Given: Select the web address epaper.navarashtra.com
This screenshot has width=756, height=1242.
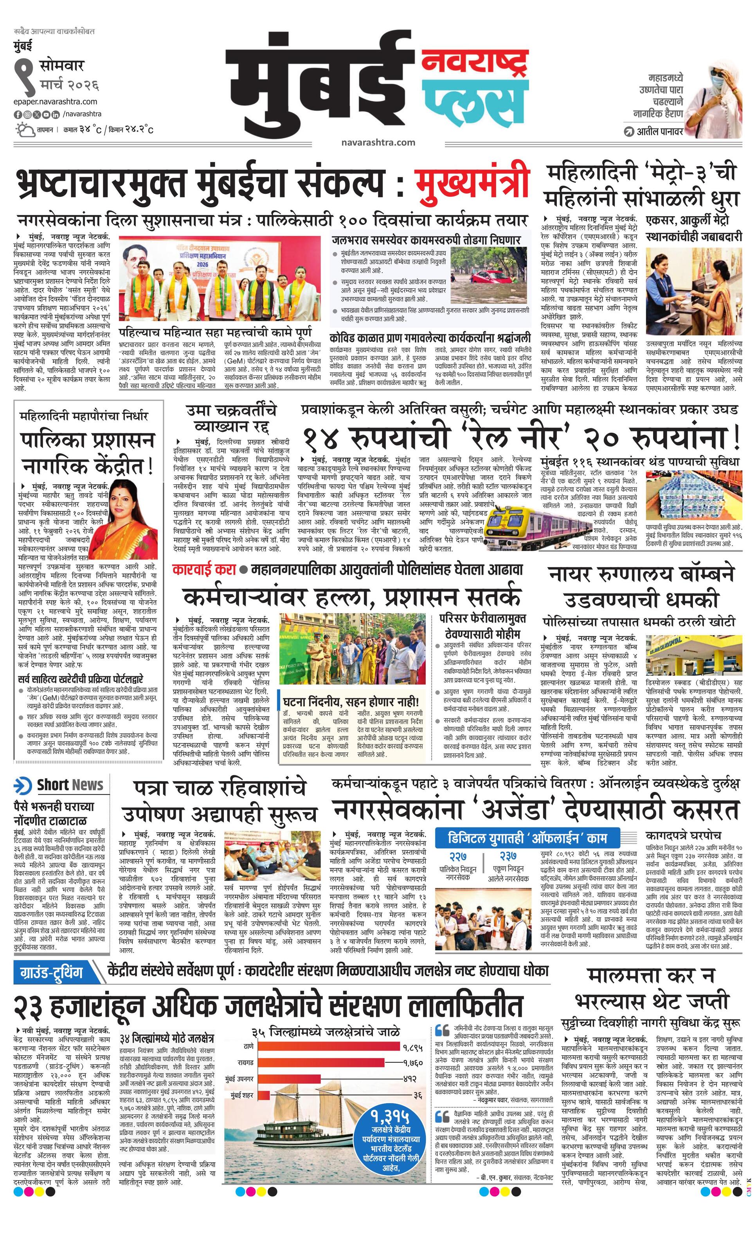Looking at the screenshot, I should coord(56,101).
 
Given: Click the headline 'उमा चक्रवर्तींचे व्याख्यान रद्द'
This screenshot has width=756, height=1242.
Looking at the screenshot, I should coord(231,418).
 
